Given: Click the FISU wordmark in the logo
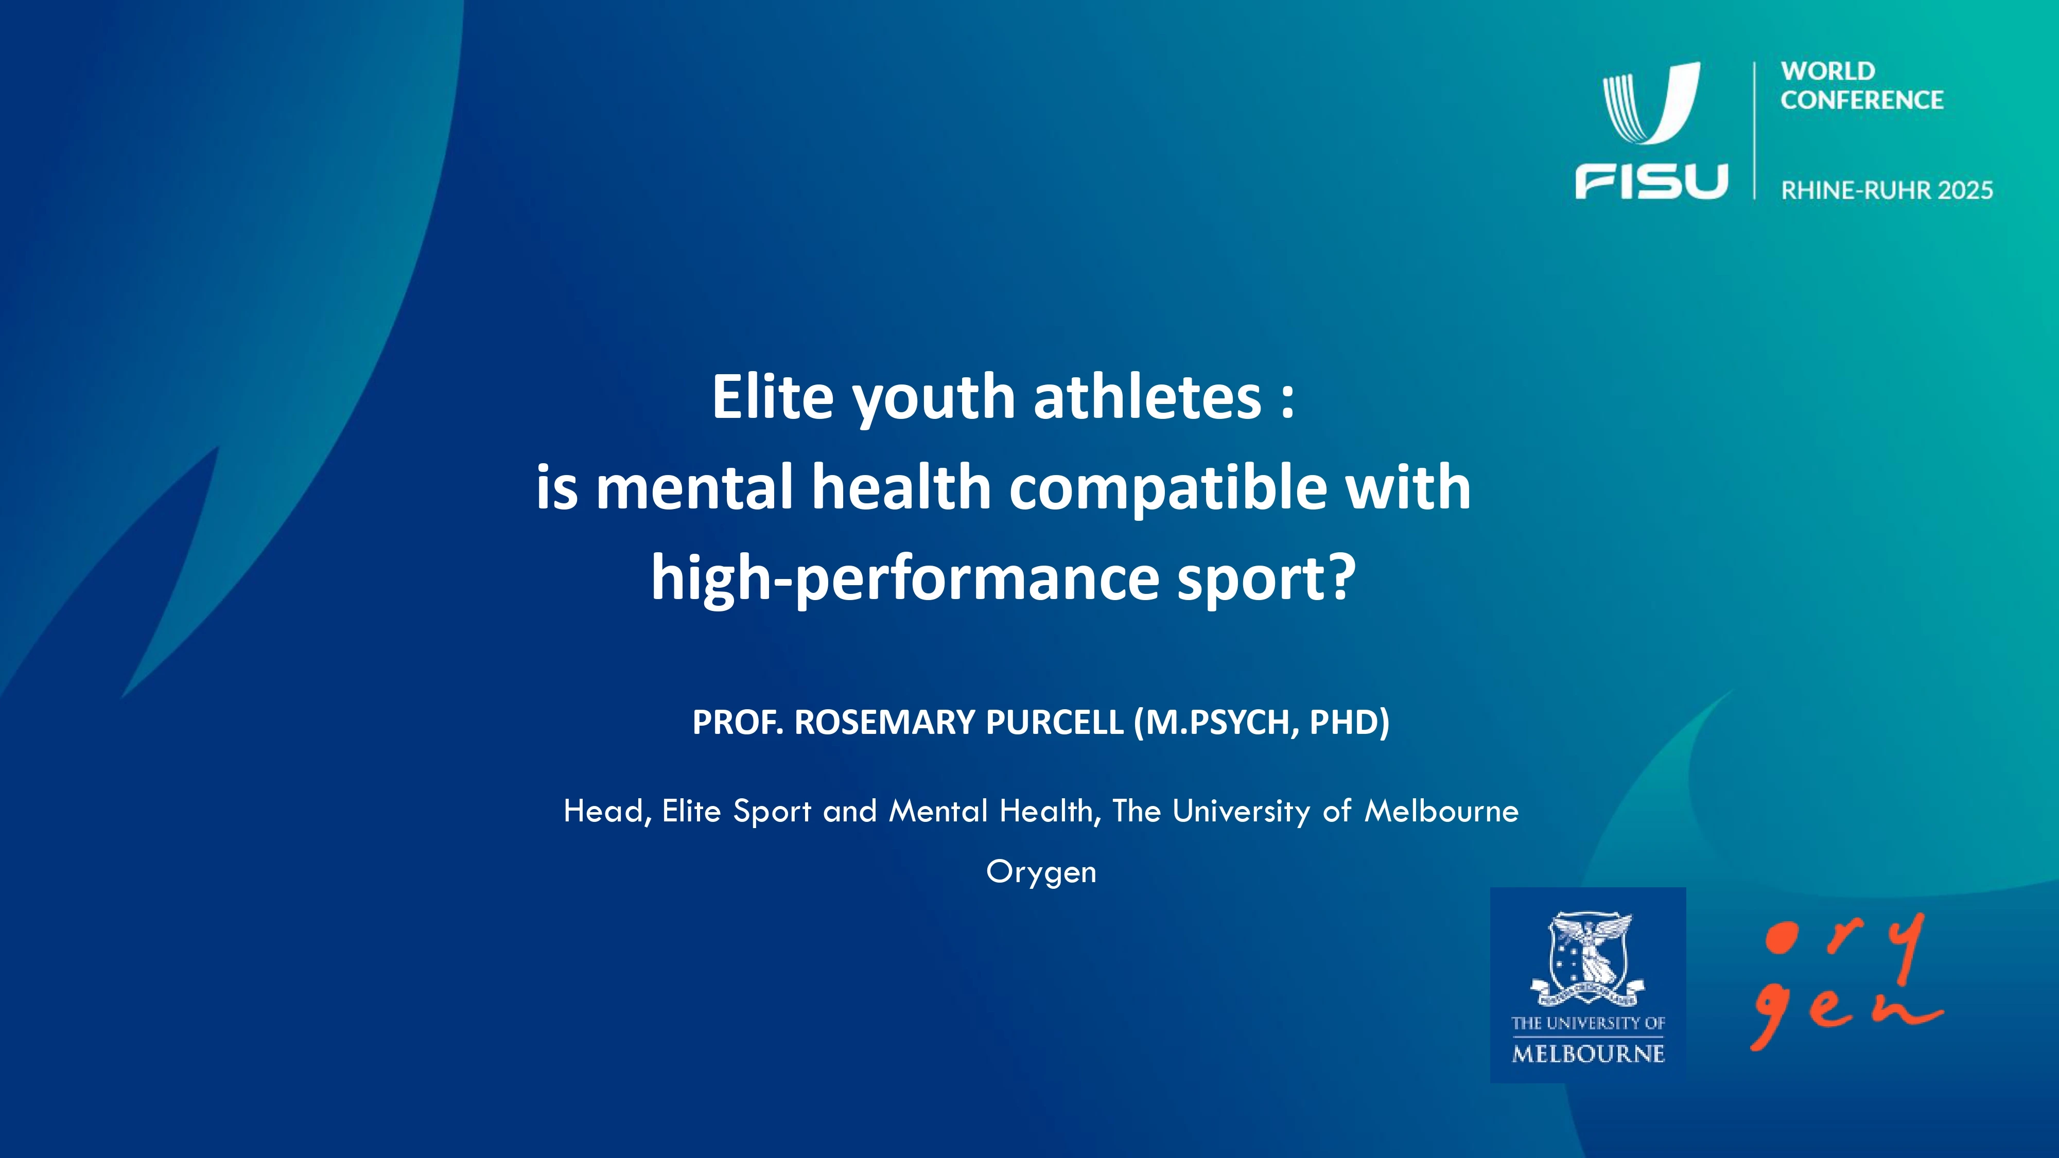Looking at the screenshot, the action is [x=1651, y=181].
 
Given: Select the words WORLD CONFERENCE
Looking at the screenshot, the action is [x=1861, y=85].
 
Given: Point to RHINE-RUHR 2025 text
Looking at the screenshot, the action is [x=1887, y=190].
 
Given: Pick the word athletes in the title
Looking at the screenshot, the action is [x=1147, y=397].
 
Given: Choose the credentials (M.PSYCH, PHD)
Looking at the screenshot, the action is [x=1261, y=723].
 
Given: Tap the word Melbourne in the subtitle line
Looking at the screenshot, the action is [x=1441, y=811].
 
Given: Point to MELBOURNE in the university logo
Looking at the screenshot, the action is [x=1588, y=1054].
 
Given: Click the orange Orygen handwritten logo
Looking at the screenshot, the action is [x=1846, y=981].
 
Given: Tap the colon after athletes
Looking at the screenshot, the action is [x=1287, y=401].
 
